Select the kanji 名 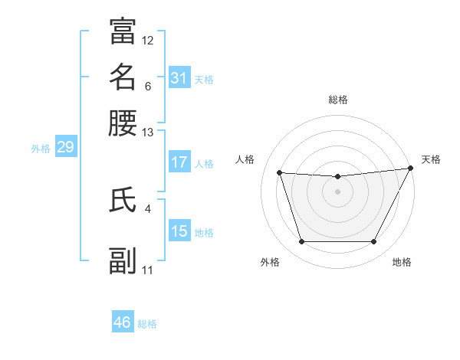tap(123, 77)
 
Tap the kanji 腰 tap(123, 123)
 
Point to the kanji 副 tap(123, 260)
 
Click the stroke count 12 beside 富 tap(148, 40)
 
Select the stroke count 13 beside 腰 tap(148, 133)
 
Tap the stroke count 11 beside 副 tap(148, 270)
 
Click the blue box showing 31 tap(179, 78)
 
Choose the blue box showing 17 tap(179, 162)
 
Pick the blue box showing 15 tap(179, 231)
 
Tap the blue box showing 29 tap(65, 147)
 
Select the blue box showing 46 tap(123, 322)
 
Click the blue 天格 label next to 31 tap(204, 79)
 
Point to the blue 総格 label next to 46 tap(147, 324)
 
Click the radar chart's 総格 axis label tap(338, 100)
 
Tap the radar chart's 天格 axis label tap(431, 159)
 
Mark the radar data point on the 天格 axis tap(412, 169)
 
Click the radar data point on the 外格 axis tap(301, 242)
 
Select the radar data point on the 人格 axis tap(280, 173)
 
